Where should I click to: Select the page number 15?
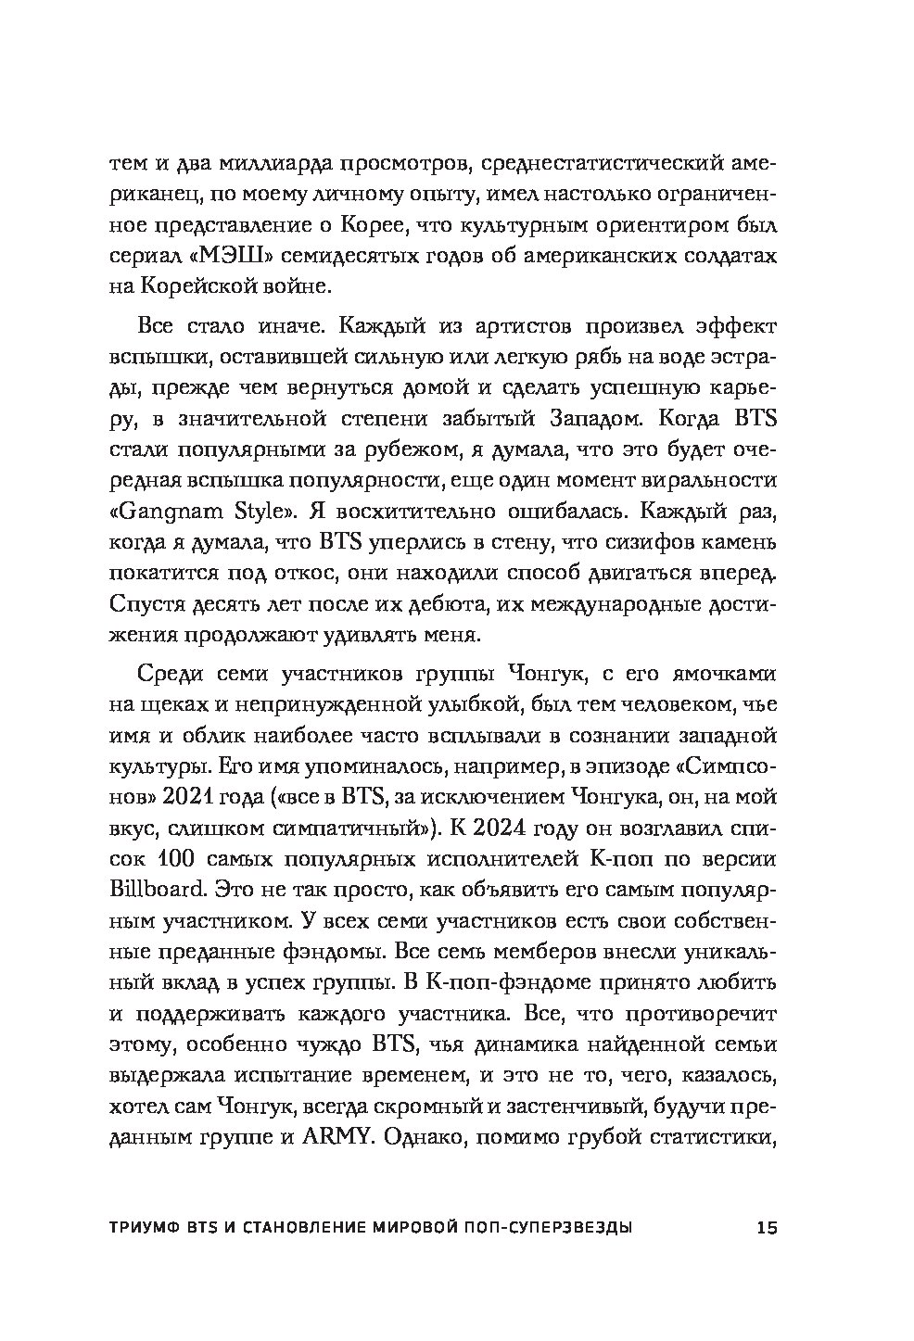[x=768, y=1229]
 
